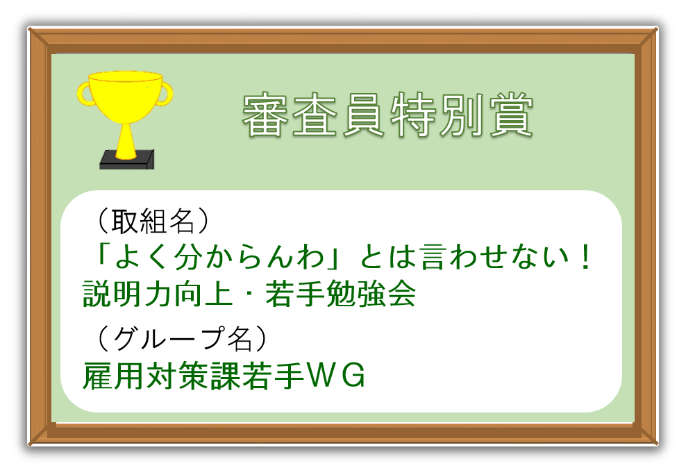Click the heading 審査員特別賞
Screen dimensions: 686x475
(x=387, y=115)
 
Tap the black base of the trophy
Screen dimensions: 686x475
(x=127, y=161)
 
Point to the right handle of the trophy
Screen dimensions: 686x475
(x=166, y=94)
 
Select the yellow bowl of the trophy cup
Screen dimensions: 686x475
(x=125, y=97)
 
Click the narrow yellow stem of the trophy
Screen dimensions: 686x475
(x=126, y=141)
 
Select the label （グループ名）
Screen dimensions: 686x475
(x=181, y=338)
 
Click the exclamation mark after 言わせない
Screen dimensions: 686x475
(x=585, y=257)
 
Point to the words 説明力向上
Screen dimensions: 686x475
(x=158, y=294)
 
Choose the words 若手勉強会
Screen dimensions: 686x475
(x=340, y=294)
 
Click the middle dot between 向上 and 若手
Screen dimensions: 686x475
(x=249, y=294)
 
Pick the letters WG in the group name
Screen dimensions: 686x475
(x=336, y=375)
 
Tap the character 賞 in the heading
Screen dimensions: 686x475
(x=511, y=115)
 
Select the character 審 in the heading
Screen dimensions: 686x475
(x=265, y=115)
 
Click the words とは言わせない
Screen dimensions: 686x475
(x=463, y=257)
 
